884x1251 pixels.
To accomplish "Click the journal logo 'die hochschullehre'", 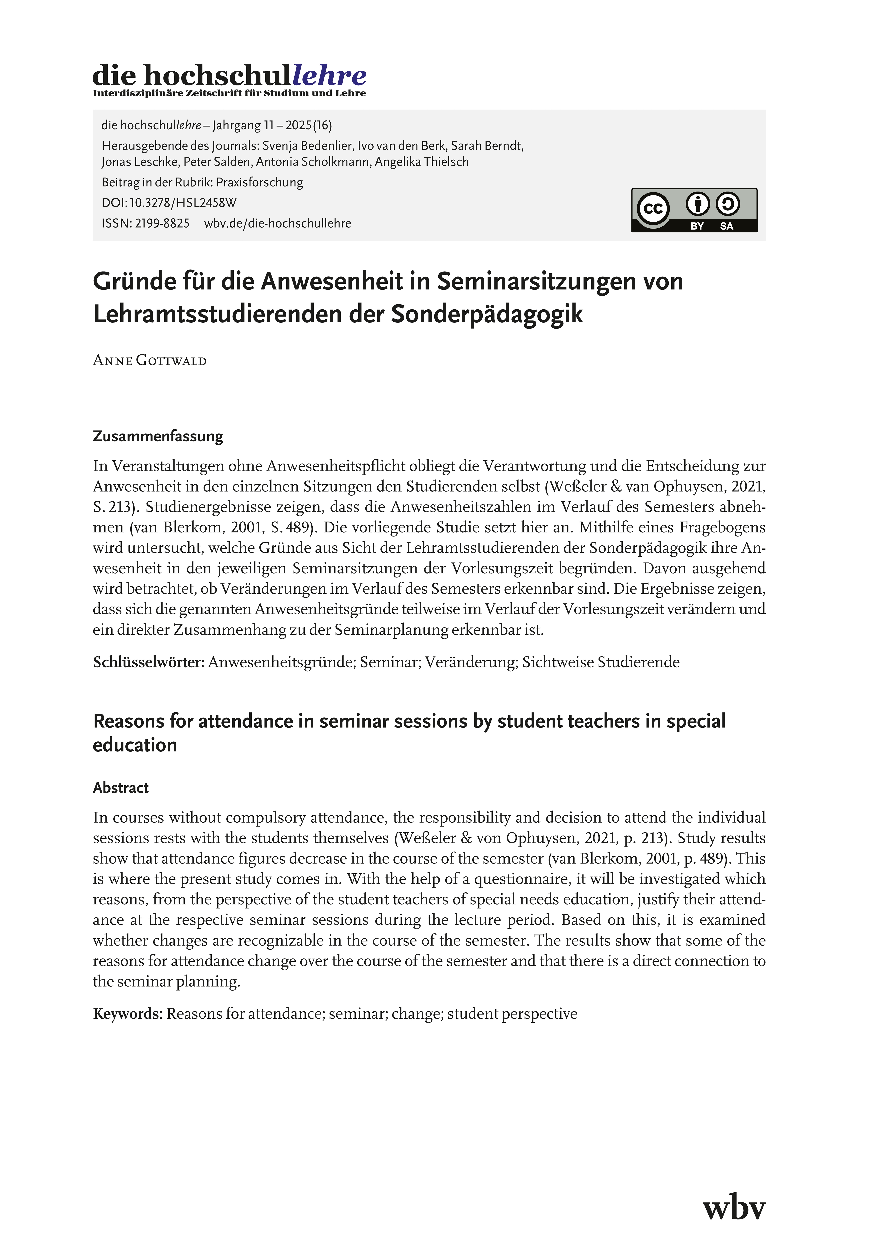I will (229, 75).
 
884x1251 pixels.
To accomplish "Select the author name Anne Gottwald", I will (150, 361).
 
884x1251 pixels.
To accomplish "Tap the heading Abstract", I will (120, 788).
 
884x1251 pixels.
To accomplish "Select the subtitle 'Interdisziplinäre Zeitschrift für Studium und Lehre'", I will (229, 94).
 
